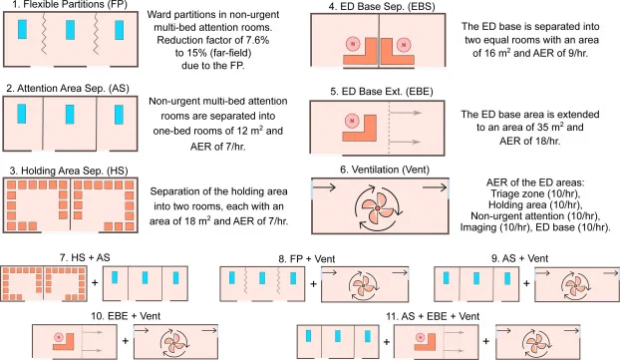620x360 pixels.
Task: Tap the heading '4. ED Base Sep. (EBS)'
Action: [x=382, y=7]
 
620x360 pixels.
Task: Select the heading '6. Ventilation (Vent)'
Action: [x=385, y=170]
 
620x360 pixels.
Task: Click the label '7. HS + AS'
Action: [x=85, y=258]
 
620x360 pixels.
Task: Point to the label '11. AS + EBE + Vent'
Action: [x=433, y=316]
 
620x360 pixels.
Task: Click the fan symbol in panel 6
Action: [x=378, y=207]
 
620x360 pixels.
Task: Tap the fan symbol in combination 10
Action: [x=174, y=343]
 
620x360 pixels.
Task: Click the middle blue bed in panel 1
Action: [x=70, y=30]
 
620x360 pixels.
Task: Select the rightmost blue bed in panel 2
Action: [x=119, y=115]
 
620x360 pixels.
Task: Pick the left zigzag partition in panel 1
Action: [x=44, y=34]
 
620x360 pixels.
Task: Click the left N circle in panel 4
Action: [x=353, y=44]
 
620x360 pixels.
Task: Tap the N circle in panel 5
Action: [x=352, y=121]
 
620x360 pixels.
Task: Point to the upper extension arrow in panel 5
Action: [x=406, y=113]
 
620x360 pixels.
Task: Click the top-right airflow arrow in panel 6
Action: [x=435, y=187]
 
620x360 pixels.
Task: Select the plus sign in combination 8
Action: [x=313, y=283]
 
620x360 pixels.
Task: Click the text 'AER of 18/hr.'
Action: [x=530, y=141]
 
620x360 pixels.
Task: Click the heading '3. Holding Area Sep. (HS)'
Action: [x=69, y=171]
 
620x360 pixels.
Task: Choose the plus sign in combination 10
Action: [x=126, y=341]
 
